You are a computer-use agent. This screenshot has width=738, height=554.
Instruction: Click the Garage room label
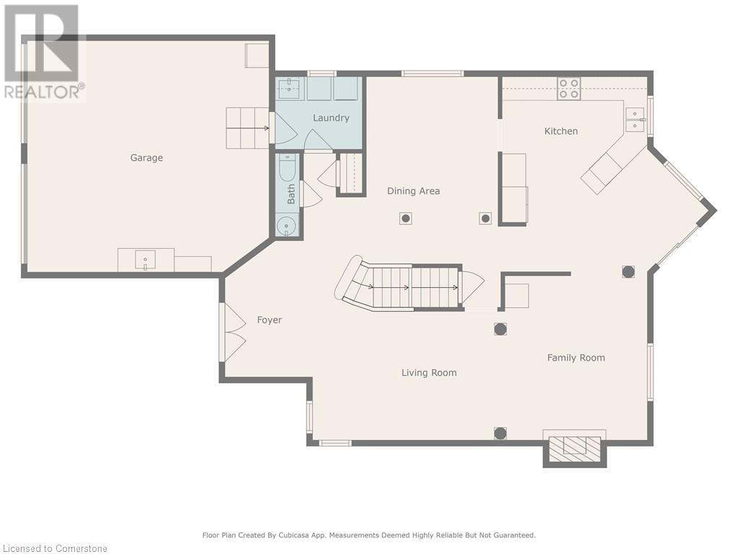click(146, 158)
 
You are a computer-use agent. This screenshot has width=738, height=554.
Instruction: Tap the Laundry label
click(331, 118)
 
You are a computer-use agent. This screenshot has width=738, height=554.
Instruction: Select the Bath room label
click(291, 194)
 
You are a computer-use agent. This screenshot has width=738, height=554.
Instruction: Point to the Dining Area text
click(413, 190)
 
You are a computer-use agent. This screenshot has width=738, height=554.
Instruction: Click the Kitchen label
click(561, 131)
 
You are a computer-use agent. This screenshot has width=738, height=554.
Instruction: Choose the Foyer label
click(270, 320)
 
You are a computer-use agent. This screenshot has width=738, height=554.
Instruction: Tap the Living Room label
click(429, 373)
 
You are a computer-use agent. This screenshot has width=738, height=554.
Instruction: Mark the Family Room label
click(576, 358)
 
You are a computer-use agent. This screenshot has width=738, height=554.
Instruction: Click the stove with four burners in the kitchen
click(569, 89)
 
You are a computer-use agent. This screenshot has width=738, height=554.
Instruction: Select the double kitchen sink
click(635, 120)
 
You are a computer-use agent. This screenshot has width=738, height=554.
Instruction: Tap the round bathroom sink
click(285, 227)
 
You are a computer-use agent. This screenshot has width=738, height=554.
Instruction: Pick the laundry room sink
click(290, 88)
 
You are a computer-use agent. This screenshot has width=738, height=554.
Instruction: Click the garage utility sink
click(146, 260)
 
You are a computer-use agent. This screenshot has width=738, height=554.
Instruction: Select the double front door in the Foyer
click(233, 332)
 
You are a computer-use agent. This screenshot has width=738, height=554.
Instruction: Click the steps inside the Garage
click(247, 128)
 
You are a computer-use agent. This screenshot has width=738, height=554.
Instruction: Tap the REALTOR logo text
click(45, 92)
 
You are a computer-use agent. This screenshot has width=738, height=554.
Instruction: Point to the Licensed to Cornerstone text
click(54, 548)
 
